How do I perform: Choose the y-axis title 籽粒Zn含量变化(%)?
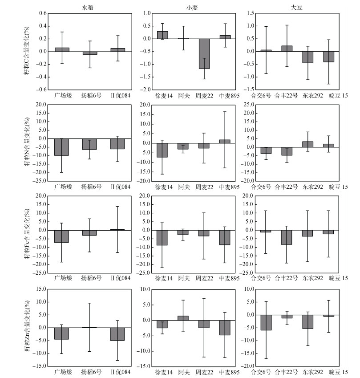point(28,327)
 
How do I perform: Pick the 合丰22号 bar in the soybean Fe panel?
point(287,237)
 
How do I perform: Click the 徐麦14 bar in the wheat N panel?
point(162,150)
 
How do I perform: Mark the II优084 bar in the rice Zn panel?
point(117,334)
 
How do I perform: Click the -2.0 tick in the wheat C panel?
point(144,89)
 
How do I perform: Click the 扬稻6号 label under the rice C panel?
point(90,95)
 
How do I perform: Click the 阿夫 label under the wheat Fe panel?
point(183,278)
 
